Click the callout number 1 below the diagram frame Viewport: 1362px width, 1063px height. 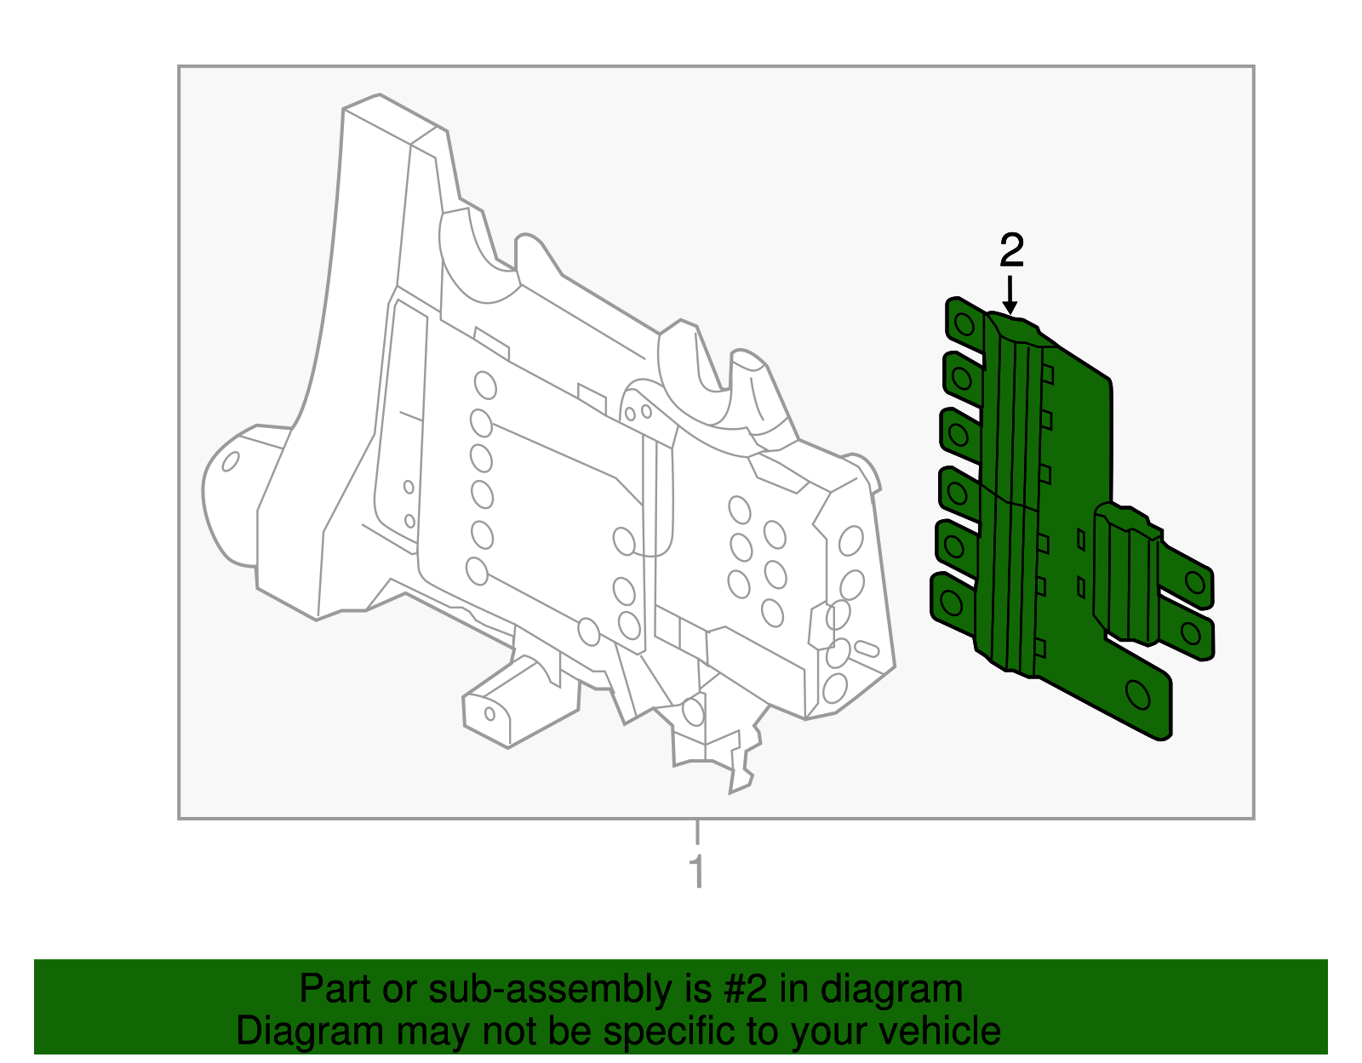tap(697, 872)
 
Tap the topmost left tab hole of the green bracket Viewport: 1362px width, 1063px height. tap(964, 324)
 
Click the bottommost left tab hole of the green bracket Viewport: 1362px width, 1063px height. tap(951, 603)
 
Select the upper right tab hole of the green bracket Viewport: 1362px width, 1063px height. tap(1195, 582)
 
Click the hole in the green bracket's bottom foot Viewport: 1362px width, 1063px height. tap(1138, 695)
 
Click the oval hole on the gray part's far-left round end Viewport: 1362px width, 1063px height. tap(230, 461)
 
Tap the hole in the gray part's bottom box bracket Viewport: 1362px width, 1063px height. tap(489, 712)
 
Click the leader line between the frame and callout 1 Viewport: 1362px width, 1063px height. tap(697, 832)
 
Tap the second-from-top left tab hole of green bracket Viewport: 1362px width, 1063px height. tap(962, 377)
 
